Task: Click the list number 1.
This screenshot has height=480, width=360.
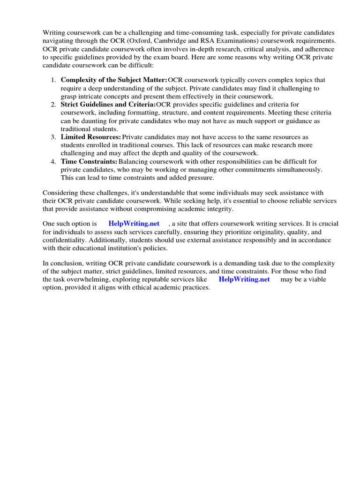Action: [x=53, y=80]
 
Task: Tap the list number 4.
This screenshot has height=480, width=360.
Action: [x=53, y=162]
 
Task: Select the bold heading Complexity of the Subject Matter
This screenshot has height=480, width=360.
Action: [x=114, y=80]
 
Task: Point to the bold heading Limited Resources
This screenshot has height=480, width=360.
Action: [x=91, y=137]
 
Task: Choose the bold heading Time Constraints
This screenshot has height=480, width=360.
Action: [x=89, y=162]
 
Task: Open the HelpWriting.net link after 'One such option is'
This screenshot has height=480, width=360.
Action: [x=134, y=224]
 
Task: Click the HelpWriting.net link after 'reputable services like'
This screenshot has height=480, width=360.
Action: [x=244, y=279]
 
